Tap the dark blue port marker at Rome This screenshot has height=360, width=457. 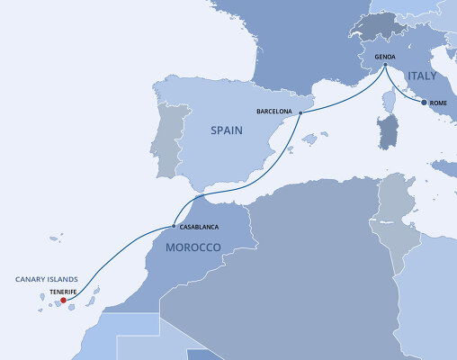(x=424, y=103)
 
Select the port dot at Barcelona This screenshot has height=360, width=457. (x=299, y=113)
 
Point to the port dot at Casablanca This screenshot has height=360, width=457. (x=174, y=226)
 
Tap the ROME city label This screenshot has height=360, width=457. (x=439, y=103)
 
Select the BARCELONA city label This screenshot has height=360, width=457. (x=274, y=112)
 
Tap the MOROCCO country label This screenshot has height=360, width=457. (x=193, y=247)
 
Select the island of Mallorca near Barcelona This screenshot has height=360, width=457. (x=311, y=139)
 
